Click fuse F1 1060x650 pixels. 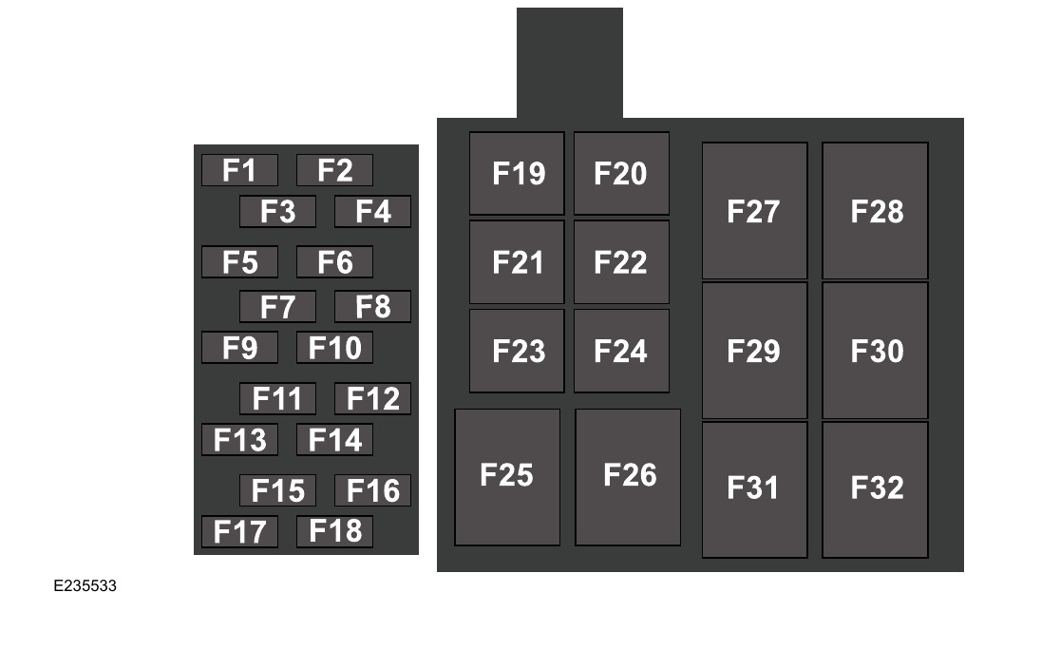click(x=239, y=170)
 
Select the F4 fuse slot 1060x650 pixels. click(x=372, y=212)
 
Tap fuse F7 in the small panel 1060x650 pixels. click(x=277, y=307)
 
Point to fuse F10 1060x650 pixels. click(x=334, y=348)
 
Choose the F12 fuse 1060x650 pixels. click(x=372, y=399)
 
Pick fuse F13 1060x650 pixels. click(x=239, y=440)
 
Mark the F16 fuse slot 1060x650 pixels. click(x=372, y=490)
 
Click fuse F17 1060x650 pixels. click(x=239, y=531)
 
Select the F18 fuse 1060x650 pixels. click(x=334, y=531)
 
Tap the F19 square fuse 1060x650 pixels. click(x=517, y=173)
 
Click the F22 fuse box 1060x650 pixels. click(x=621, y=262)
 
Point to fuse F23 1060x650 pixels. click(x=517, y=351)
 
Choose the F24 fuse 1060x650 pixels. click(x=621, y=351)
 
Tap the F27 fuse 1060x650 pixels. click(x=754, y=211)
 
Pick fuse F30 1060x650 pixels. click(x=875, y=351)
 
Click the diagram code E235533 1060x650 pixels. click(x=85, y=586)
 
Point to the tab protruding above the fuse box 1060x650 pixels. click(x=570, y=63)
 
